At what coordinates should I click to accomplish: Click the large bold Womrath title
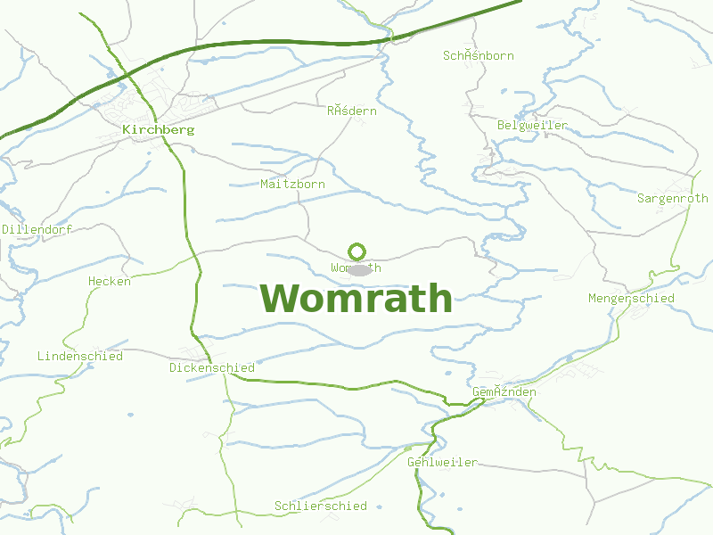[356, 298]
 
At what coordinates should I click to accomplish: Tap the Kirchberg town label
[158, 129]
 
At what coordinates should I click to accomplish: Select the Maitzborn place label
[292, 184]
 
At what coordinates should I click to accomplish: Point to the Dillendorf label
[36, 229]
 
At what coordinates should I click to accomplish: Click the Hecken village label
[110, 281]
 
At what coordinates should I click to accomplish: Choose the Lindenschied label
[80, 356]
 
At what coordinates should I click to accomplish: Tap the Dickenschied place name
[212, 367]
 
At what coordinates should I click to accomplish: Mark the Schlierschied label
[321, 506]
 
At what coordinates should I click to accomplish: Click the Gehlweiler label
[442, 462]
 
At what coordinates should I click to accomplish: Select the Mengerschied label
[631, 298]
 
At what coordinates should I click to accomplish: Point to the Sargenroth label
[672, 198]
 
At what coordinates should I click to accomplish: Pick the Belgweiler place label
[532, 125]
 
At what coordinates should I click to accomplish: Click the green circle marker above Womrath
[357, 251]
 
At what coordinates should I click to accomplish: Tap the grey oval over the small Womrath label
[359, 269]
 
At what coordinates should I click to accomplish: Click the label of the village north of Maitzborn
[351, 111]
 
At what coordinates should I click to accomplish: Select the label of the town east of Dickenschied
[504, 391]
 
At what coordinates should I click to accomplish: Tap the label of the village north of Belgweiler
[479, 55]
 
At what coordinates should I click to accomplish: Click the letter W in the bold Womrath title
[283, 298]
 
